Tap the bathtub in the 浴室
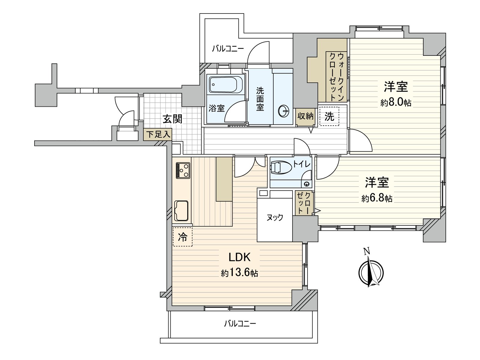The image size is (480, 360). (x=226, y=85)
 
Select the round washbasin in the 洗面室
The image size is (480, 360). (x=283, y=111)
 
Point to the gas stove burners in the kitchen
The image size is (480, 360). (x=183, y=170)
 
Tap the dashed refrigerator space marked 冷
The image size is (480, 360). (x=182, y=237)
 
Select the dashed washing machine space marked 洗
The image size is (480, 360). (x=329, y=116)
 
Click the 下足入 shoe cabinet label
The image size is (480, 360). (x=158, y=134)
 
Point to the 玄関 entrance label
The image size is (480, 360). (x=172, y=119)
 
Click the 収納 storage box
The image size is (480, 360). (x=305, y=116)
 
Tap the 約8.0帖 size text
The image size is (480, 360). (x=396, y=103)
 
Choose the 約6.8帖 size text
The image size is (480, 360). (x=377, y=198)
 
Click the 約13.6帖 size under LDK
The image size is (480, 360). (x=239, y=273)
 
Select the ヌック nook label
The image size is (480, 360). (x=275, y=217)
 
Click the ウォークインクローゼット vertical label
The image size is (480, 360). (x=337, y=76)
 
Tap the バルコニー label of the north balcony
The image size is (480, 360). (x=228, y=49)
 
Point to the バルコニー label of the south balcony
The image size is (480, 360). (x=240, y=324)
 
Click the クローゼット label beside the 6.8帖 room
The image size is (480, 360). (x=304, y=203)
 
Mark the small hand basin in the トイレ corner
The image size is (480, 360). (x=307, y=184)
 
